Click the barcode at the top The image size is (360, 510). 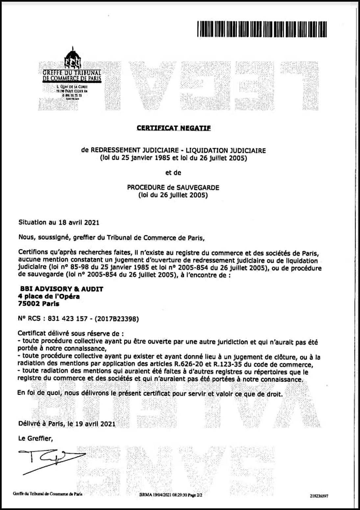tap(262, 29)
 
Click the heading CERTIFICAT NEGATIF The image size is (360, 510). tap(174, 128)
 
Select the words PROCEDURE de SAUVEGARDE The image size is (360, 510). tap(173, 188)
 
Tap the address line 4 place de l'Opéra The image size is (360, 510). tap(49, 296)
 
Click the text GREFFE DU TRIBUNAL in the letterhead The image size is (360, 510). tap(72, 72)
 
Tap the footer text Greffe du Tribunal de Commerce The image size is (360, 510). tap(47, 494)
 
